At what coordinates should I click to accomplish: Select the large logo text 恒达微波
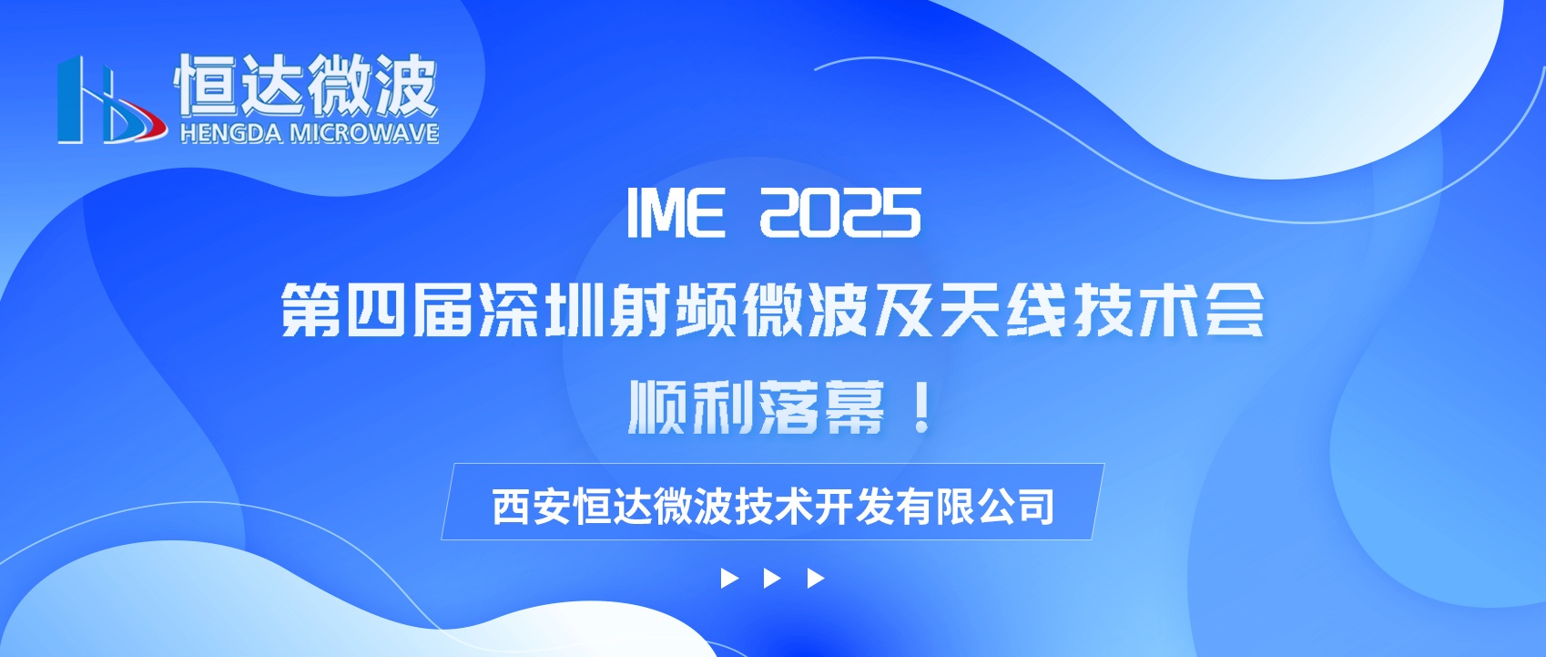(x=307, y=85)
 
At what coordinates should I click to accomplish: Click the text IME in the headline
(x=677, y=213)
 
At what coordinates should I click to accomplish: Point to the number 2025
(x=840, y=213)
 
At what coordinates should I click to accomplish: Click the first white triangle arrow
(x=729, y=579)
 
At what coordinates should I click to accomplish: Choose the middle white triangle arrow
(x=772, y=579)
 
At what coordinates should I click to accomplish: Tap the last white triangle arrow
(x=816, y=579)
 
